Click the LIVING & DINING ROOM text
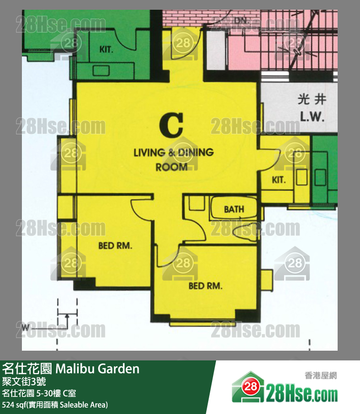click(173, 159)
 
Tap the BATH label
click(234, 209)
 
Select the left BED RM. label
click(115, 246)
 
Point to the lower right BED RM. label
click(205, 286)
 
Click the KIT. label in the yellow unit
click(279, 180)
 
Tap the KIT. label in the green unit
click(107, 49)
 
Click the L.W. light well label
click(312, 117)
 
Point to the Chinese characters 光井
click(311, 100)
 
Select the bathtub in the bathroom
click(234, 209)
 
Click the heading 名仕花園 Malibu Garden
click(71, 369)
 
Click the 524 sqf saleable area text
click(54, 404)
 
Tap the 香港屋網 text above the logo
click(321, 376)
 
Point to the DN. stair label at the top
click(240, 20)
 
